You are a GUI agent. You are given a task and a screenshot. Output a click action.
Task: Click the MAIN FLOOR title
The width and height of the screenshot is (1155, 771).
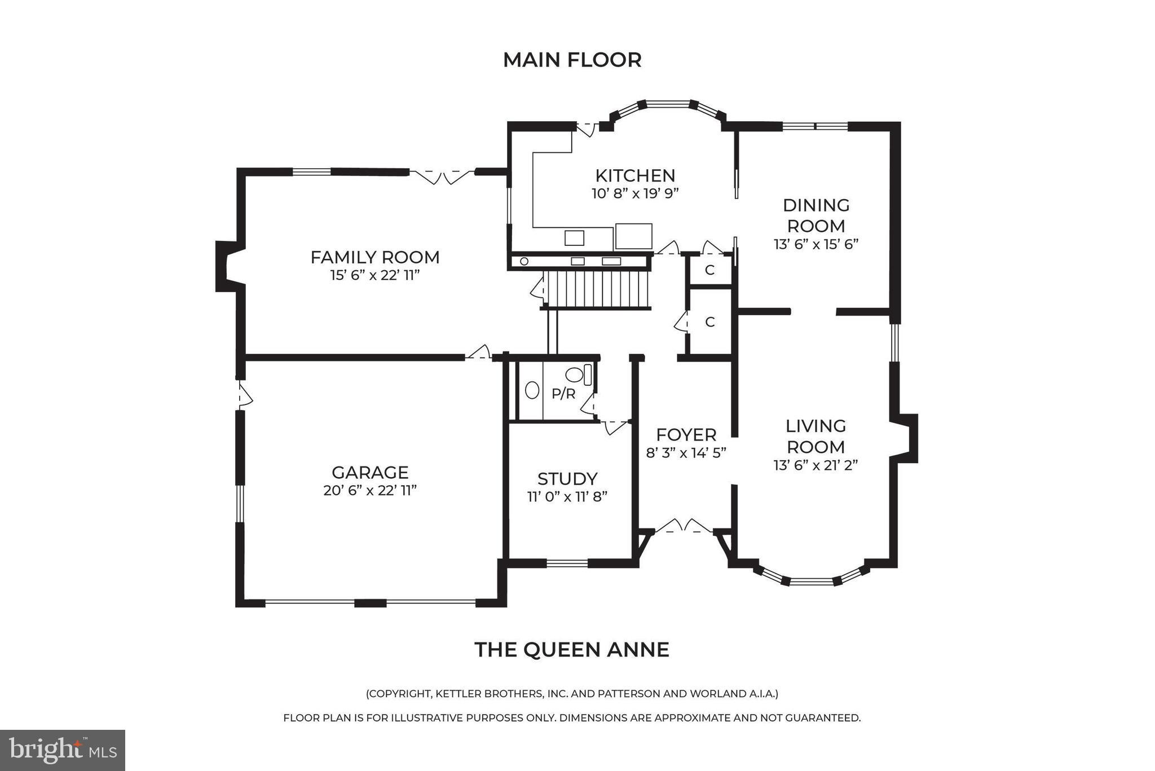[x=572, y=60]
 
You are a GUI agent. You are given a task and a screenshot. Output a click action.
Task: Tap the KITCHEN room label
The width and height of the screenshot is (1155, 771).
[x=635, y=175]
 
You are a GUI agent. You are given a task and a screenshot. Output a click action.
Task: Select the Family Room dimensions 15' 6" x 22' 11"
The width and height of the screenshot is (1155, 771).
[x=375, y=275]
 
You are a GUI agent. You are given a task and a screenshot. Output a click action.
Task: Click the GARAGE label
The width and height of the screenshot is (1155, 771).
[x=370, y=472]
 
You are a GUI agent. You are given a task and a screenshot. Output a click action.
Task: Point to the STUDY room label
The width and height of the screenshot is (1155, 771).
[x=567, y=478]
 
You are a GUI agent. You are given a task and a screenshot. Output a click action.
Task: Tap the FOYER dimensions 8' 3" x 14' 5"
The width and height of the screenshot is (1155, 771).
[x=686, y=452]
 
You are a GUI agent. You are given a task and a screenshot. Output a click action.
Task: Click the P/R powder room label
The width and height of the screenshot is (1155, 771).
[x=563, y=394]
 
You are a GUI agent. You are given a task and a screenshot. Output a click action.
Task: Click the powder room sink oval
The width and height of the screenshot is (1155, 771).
[x=531, y=390]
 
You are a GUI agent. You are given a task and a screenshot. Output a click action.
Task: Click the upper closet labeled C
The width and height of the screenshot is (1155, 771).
[x=709, y=270]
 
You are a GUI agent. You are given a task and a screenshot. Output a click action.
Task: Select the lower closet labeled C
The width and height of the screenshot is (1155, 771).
[x=709, y=322]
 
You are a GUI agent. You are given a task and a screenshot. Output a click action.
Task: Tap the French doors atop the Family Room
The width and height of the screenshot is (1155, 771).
[x=442, y=176]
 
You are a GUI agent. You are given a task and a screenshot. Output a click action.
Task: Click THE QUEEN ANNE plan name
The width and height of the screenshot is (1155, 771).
[x=572, y=649]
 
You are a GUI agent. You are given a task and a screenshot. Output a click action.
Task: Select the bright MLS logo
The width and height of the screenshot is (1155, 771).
[x=63, y=750]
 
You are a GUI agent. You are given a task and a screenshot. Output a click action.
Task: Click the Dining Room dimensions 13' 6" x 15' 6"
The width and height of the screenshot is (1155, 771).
[x=815, y=244]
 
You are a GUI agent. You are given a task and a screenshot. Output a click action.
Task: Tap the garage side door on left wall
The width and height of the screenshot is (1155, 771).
[x=244, y=395]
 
